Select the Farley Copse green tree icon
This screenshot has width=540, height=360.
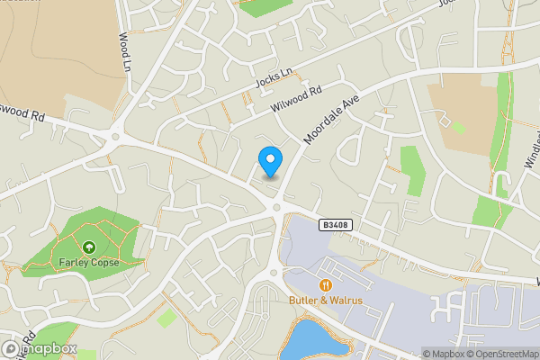coord(88,247)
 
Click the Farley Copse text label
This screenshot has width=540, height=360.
coord(88,262)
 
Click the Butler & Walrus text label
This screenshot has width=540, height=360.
coord(326,300)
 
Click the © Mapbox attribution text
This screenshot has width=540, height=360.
coord(446,354)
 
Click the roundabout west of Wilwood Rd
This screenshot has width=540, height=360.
coord(114,138)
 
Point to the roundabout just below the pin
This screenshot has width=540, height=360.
coord(277,208)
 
